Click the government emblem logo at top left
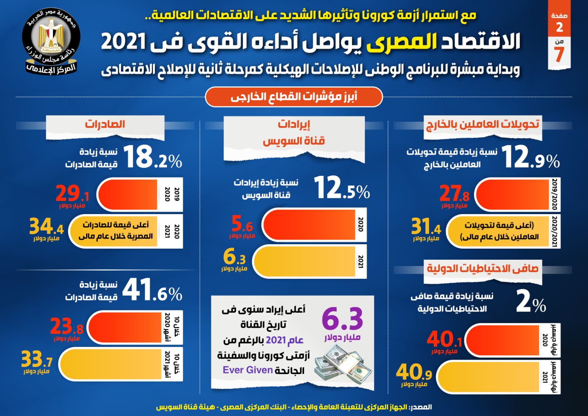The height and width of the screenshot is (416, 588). point(51,41)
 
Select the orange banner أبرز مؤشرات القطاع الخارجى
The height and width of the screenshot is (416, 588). point(294,97)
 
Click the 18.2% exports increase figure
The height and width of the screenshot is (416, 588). point(152,157)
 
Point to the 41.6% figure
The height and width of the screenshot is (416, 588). point(152,290)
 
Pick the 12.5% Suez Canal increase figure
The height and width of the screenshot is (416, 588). point(342,189)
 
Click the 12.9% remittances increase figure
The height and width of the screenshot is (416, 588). point(530,158)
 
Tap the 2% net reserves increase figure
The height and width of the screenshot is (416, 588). point(531,302)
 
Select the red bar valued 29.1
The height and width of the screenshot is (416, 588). point(128,195)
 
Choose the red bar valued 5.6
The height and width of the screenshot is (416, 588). point(309,225)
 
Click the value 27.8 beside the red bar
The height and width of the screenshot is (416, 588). point(454,193)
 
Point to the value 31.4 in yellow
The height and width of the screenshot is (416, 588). point(426,227)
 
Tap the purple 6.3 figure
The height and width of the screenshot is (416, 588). point(342,319)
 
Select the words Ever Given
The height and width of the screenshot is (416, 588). point(247,370)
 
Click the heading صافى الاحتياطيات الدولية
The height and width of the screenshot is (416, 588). point(482,269)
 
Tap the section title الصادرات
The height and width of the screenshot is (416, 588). point(105,124)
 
